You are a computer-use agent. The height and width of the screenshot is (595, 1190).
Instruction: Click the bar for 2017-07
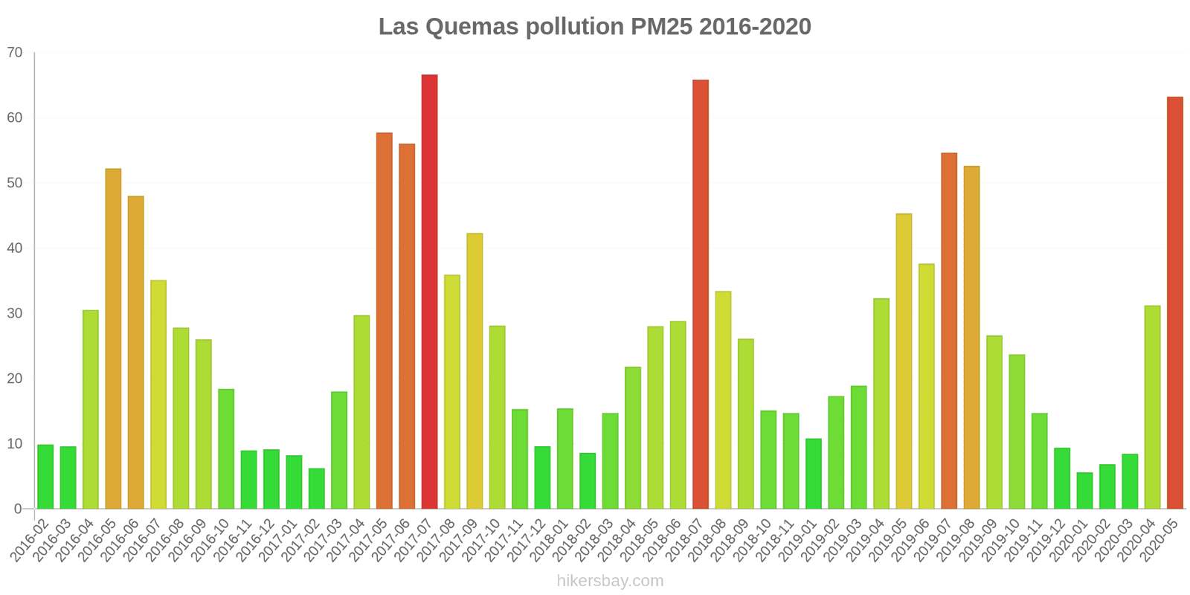click(x=429, y=292)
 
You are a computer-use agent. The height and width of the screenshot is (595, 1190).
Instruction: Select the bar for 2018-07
click(x=701, y=295)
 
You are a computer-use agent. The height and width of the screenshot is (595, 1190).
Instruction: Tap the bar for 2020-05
click(x=1174, y=303)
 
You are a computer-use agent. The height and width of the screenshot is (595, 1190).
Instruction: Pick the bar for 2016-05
click(x=113, y=338)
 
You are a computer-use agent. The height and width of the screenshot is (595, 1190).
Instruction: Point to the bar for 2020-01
click(x=1084, y=491)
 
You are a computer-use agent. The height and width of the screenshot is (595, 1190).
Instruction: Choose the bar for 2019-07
click(x=949, y=331)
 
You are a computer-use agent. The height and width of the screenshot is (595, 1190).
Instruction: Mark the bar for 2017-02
click(x=316, y=489)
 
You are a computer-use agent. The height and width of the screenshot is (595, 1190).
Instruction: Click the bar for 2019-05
click(x=904, y=361)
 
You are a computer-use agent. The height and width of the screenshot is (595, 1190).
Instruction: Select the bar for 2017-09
click(x=475, y=371)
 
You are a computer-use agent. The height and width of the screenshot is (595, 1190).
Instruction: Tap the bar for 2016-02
click(x=45, y=477)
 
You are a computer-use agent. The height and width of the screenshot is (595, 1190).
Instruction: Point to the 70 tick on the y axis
click(x=15, y=53)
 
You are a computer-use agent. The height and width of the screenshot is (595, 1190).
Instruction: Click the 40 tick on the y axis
click(x=15, y=248)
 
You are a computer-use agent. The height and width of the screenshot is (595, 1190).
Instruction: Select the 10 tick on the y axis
click(x=15, y=444)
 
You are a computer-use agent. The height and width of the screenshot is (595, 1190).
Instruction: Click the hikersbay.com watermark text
click(x=610, y=581)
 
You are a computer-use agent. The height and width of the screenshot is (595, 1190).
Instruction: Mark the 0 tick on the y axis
click(x=19, y=509)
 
